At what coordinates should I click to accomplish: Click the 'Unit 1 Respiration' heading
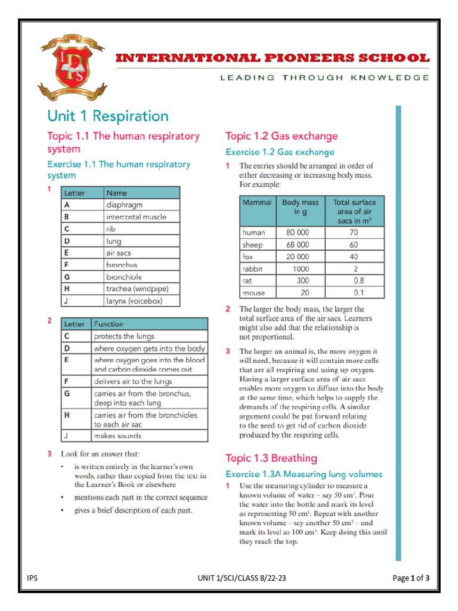point(108,116)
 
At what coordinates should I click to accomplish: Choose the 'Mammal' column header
point(257,202)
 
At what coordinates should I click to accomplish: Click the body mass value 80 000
point(298,232)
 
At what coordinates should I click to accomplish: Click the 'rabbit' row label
point(252,269)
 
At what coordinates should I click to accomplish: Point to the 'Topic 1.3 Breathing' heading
point(271,458)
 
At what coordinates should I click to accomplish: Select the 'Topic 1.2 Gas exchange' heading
point(281,136)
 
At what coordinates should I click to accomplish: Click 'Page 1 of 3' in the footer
point(411,578)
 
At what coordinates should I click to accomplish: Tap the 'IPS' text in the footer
point(32,578)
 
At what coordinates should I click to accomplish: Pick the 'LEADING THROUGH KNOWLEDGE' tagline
point(324,78)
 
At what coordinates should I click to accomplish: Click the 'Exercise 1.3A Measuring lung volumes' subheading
point(304,474)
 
